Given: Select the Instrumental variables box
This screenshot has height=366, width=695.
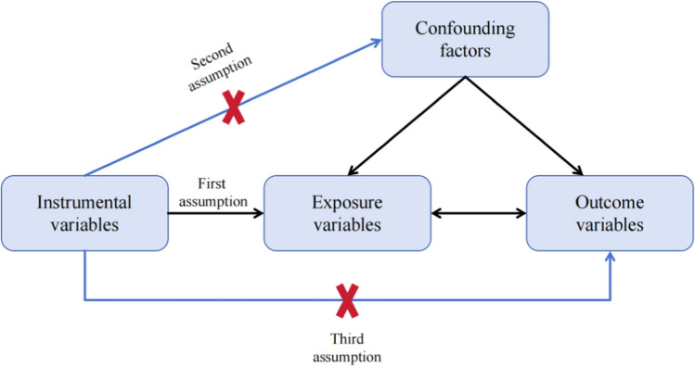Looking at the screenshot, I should (x=84, y=213).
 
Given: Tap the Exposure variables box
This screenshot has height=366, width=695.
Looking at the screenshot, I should (x=347, y=213).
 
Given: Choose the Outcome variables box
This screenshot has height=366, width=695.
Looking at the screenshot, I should (x=610, y=213).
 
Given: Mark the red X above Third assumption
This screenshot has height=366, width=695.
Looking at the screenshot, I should (x=347, y=300).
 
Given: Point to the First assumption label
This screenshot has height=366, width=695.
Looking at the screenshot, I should (x=216, y=193).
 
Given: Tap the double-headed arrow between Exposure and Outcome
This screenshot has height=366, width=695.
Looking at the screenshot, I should (x=478, y=214).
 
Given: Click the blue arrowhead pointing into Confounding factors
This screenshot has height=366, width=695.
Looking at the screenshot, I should (x=375, y=40).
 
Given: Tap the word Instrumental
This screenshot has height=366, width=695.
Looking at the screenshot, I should (x=84, y=201).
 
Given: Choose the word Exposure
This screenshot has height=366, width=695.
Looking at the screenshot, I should (x=347, y=201).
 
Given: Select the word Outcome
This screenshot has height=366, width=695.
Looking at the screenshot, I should (x=610, y=201).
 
